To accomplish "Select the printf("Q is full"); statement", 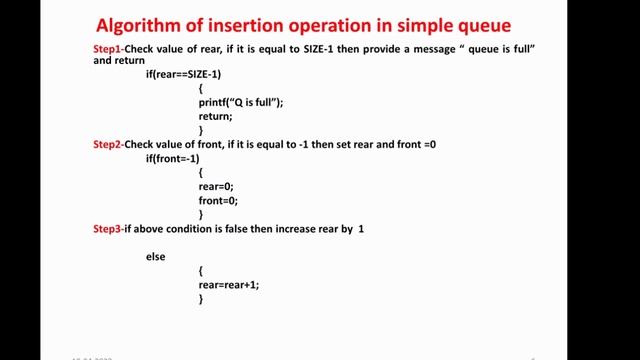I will click(241, 102).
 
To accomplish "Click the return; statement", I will click(215, 116).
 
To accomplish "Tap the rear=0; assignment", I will click(215, 186).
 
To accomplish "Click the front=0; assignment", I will click(217, 200).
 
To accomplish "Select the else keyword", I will click(155, 257).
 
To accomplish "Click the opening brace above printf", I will click(201, 88).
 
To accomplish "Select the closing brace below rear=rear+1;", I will click(201, 298).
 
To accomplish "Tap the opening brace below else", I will click(201, 270).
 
